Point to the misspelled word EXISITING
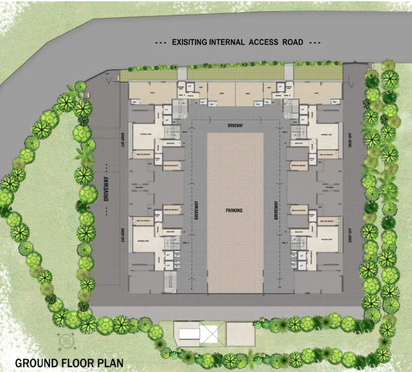click(189, 42)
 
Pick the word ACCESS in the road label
click(263, 42)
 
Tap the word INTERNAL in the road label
click(227, 42)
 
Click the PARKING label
click(234, 210)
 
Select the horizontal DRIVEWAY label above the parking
click(235, 125)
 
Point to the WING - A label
click(181, 94)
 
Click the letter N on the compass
click(59, 334)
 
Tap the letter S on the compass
click(75, 347)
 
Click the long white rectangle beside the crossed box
click(189, 334)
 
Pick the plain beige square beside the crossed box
click(241, 333)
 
